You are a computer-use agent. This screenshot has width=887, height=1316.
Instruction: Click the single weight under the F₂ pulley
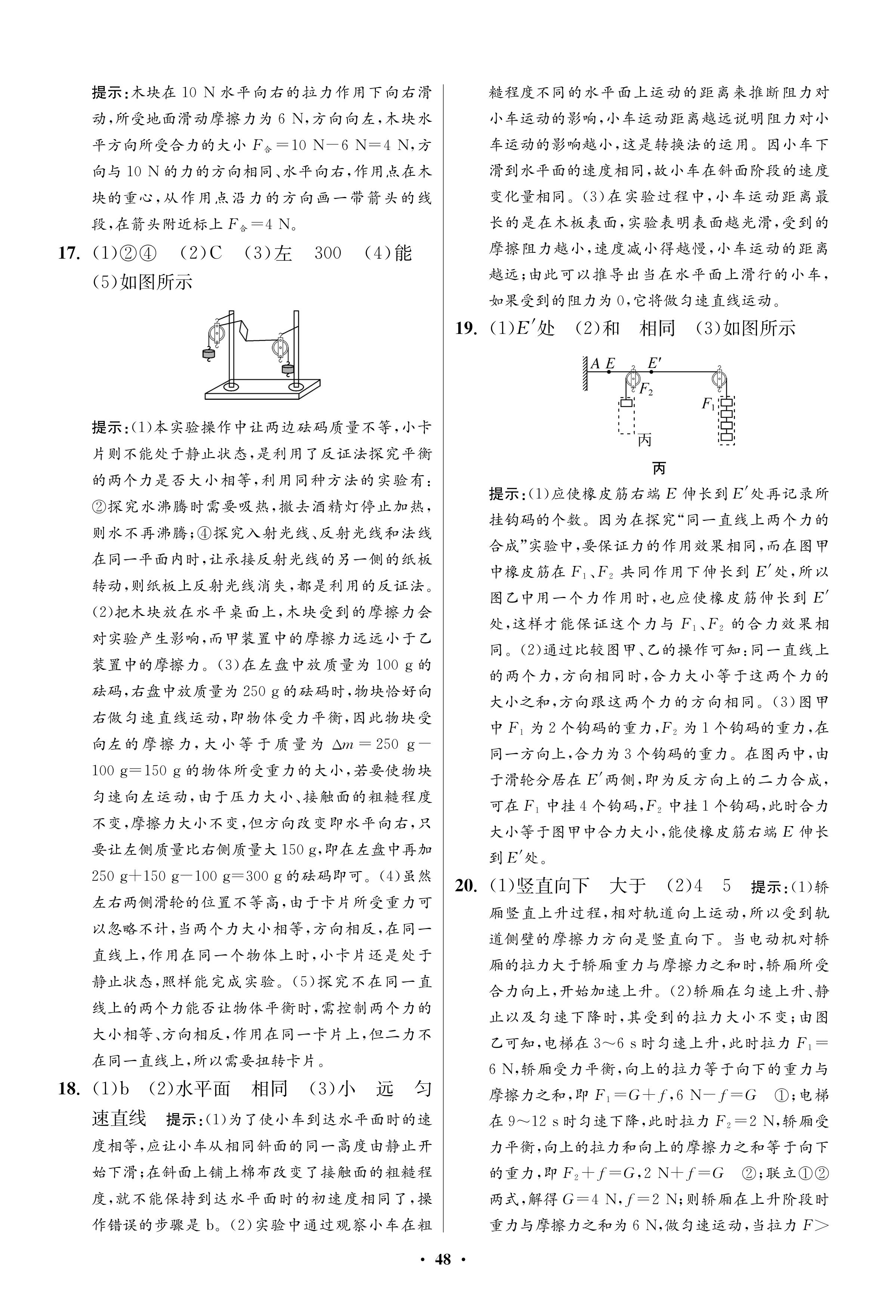click(626, 404)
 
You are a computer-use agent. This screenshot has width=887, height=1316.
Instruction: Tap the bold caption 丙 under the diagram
click(659, 469)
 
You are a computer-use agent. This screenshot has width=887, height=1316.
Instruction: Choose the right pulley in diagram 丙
click(720, 379)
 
